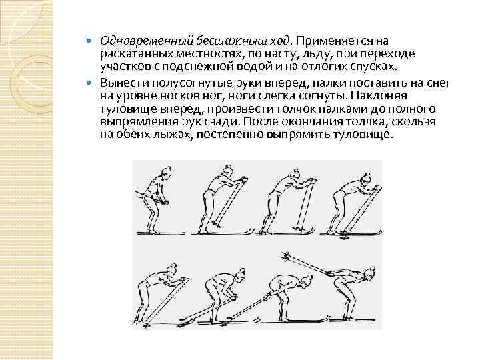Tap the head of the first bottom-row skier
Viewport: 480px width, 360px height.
[171, 269]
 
